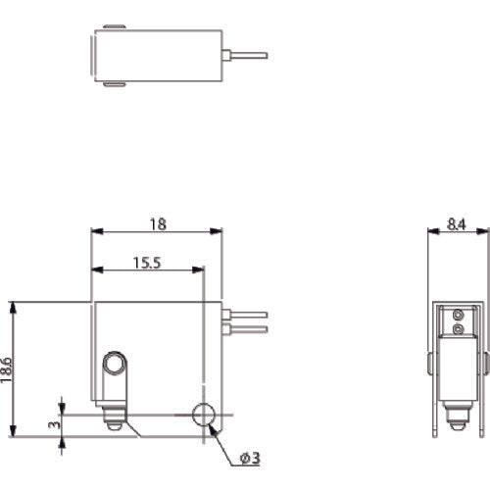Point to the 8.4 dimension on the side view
458,224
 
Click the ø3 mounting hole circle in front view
206,416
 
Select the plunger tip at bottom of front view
114,424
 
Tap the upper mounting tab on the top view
115,26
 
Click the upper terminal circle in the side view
459,315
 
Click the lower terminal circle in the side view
459,331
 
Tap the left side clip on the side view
431,365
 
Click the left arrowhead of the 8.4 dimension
432,231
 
